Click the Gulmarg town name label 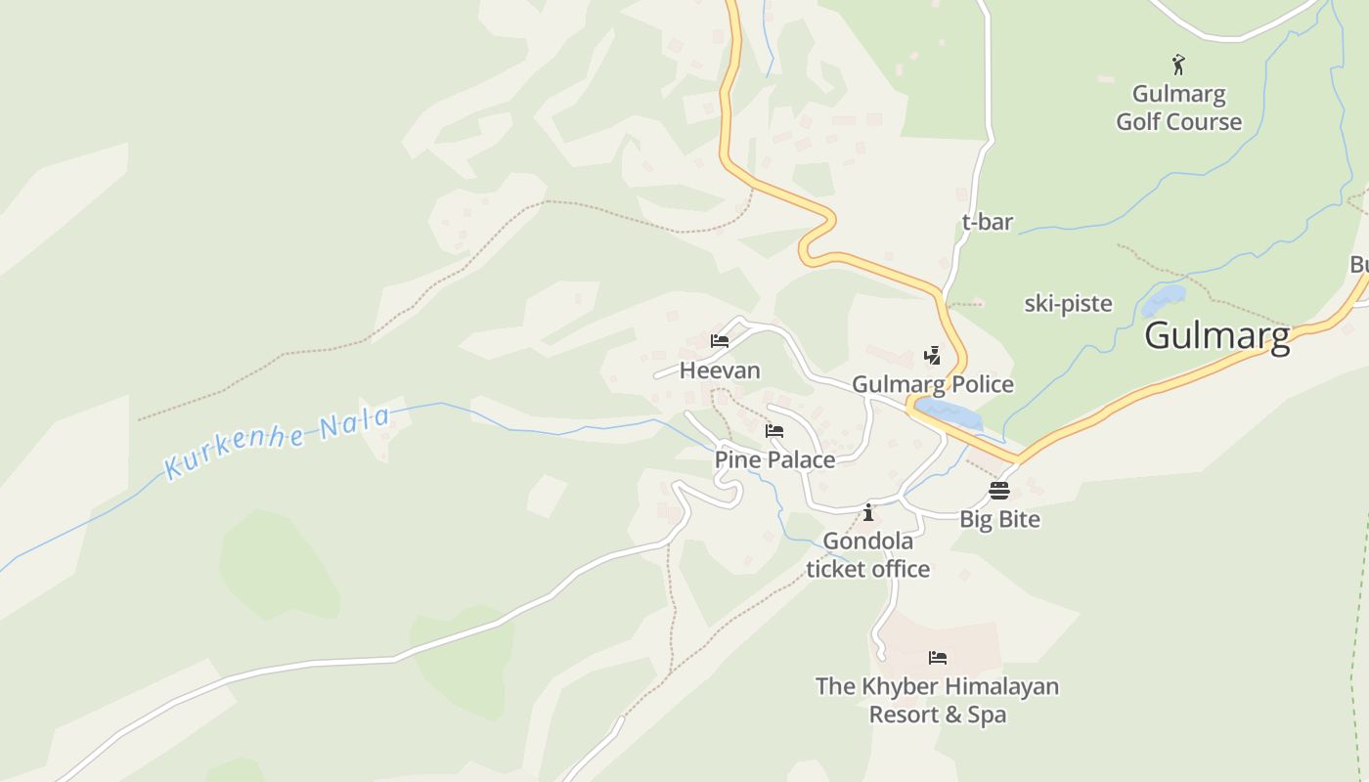(1216, 335)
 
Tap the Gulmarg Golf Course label (1178, 108)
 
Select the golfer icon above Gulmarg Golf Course (1178, 65)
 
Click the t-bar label (987, 222)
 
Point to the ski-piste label (1068, 303)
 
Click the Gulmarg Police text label (932, 384)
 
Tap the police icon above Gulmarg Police (932, 356)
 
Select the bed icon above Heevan (720, 341)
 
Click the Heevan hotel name (720, 370)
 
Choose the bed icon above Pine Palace (774, 430)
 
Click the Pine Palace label (774, 459)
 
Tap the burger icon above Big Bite (998, 490)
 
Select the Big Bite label (999, 519)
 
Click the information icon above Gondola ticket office (867, 512)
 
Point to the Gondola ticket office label (867, 554)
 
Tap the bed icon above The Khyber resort (938, 657)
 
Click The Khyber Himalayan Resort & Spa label (938, 700)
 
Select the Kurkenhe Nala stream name (278, 443)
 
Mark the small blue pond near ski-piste (1163, 299)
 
